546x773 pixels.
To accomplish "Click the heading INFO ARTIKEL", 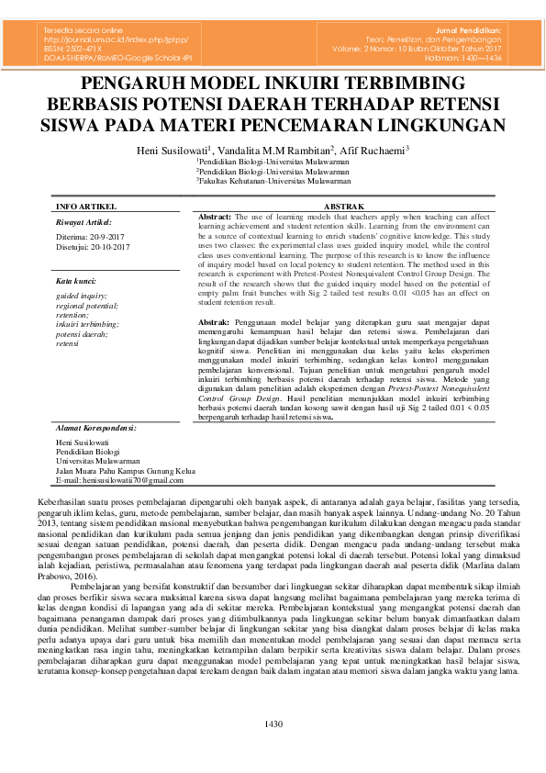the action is (x=85, y=207).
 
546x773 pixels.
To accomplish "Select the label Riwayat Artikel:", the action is (x=83, y=222).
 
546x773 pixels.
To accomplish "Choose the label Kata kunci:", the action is (x=75, y=280).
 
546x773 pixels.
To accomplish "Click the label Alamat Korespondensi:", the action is (x=95, y=428).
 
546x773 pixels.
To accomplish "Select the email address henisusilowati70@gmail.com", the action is (x=119, y=480).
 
